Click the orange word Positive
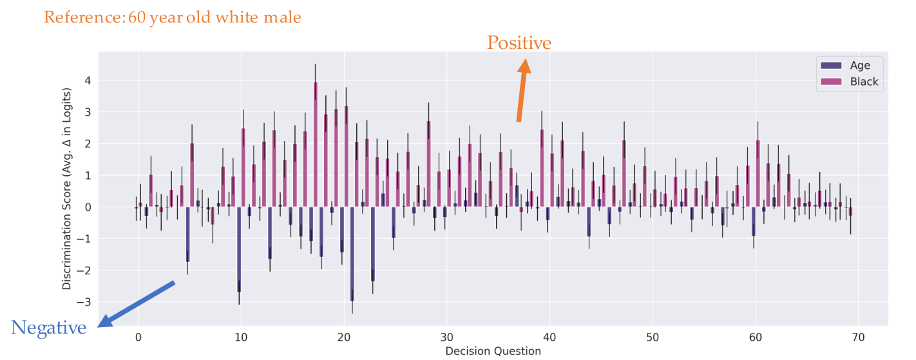519,43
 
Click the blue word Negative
49,328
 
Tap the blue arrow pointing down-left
138,303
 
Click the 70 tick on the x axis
858,337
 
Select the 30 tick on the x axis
446,337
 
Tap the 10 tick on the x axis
241,337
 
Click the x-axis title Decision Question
493,351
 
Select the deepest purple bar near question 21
352,254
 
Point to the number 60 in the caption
137,17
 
